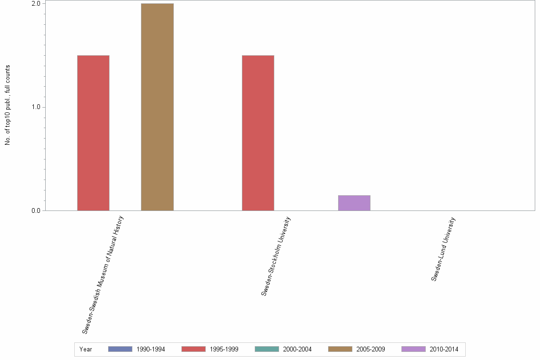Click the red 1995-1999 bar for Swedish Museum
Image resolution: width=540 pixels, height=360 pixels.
coord(93,133)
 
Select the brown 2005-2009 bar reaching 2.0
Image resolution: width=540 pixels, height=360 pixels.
coord(157,107)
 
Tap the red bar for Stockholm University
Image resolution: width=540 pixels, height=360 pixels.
coord(258,133)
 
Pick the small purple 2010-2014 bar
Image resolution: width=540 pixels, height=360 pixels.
coord(354,203)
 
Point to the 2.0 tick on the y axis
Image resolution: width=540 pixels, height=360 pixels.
coord(35,4)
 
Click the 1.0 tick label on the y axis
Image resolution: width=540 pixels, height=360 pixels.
coord(35,107)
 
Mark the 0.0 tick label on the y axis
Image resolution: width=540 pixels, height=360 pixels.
coord(35,210)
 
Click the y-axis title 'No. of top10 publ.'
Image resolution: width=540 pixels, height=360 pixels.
coord(8,105)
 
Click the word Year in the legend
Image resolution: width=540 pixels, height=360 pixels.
coord(86,350)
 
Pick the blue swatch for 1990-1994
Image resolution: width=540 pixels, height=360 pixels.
coord(120,349)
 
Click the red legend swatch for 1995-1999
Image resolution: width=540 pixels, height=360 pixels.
coord(193,349)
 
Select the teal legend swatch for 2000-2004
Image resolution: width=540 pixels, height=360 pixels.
coord(267,349)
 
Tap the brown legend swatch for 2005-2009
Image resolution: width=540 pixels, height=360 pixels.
coord(340,349)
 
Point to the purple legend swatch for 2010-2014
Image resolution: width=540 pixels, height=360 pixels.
coord(413,349)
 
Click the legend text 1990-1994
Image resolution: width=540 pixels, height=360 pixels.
coord(150,350)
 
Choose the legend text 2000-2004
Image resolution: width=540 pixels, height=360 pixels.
coord(297,350)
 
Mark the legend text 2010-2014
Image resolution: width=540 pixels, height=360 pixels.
coord(444,350)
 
